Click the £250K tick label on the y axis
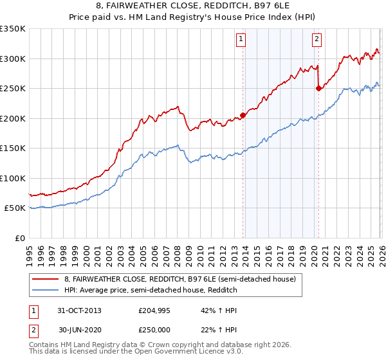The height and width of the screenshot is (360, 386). click(x=13, y=88)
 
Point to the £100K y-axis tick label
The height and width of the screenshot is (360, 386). click(x=13, y=178)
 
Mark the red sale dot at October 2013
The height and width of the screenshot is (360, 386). click(x=243, y=116)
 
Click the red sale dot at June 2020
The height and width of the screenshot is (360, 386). click(x=318, y=89)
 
